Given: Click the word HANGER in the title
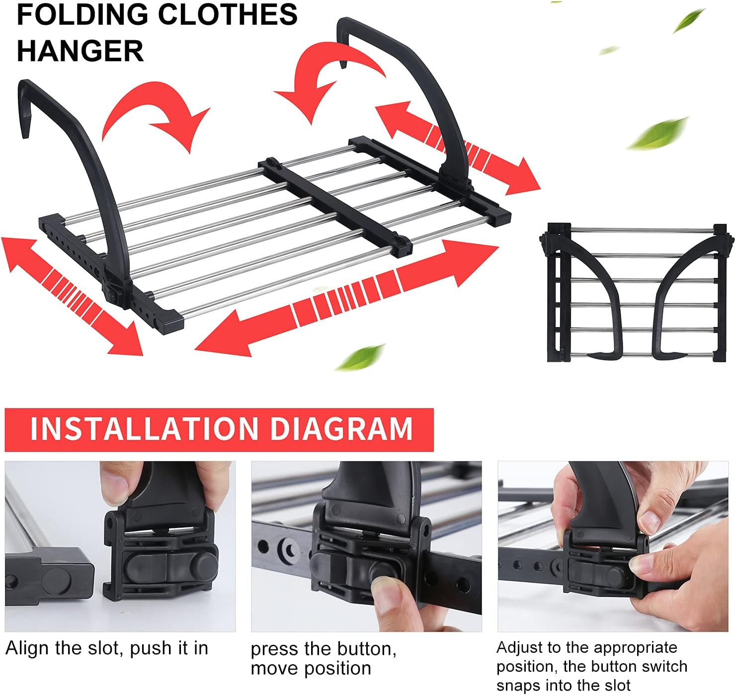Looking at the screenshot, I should [80, 51].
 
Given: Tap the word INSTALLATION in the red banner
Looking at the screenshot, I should [144, 429].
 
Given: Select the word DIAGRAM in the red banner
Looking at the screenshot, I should [342, 429].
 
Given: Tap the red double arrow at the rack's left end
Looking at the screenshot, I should [72, 296].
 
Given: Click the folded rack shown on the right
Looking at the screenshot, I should [636, 293].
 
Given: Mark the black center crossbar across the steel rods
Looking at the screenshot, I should [335, 206].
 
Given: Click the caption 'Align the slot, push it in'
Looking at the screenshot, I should [107, 648].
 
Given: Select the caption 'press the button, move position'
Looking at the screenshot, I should [323, 659].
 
